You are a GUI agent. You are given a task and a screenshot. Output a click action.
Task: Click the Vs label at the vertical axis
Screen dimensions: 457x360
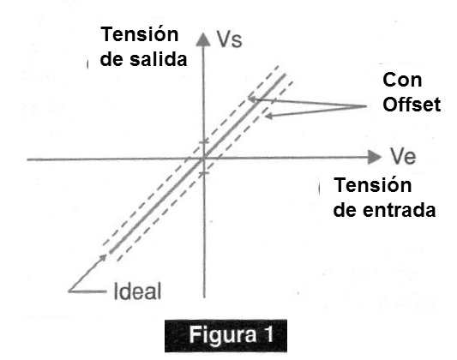(230, 39)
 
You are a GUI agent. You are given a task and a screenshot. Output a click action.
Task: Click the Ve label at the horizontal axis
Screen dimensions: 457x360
(403, 156)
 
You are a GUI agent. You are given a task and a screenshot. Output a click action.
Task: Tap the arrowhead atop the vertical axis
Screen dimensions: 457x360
(203, 39)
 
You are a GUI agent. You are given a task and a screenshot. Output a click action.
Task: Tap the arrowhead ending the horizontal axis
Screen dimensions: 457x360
(375, 157)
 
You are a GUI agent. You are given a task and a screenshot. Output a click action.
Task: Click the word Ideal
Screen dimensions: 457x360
(137, 291)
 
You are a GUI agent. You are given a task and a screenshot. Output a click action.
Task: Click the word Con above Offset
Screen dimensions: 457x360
(402, 80)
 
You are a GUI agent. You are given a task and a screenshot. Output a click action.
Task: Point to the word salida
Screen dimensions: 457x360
(159, 59)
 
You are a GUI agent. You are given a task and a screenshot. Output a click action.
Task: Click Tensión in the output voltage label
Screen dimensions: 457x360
(139, 33)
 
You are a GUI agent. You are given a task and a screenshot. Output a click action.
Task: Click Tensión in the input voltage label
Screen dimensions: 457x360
(372, 184)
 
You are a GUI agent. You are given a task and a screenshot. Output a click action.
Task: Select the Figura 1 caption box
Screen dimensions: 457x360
(225, 336)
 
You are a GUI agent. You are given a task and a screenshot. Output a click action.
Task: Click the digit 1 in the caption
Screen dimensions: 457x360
(268, 334)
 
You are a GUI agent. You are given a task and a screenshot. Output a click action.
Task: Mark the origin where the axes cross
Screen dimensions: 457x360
(204, 159)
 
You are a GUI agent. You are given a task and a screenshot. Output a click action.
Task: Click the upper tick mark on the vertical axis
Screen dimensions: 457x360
(204, 142)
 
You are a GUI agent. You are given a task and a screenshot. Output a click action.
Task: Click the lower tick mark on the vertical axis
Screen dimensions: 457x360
(204, 173)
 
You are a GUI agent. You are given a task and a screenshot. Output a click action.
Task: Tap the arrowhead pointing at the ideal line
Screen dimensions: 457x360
(104, 257)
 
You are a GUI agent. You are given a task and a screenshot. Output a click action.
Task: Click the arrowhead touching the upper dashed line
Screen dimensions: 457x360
(252, 99)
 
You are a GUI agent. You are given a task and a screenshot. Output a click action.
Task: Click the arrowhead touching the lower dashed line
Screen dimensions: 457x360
(268, 117)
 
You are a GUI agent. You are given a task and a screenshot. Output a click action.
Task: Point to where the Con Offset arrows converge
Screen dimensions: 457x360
(366, 106)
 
